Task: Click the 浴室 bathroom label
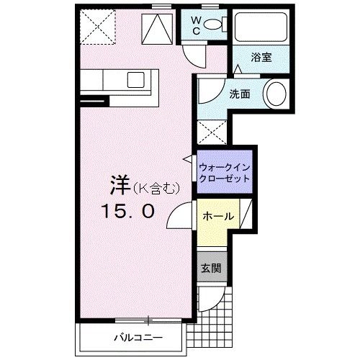pos(261,58)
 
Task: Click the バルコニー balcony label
pos(137,337)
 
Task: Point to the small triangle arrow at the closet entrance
pos(189,158)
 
